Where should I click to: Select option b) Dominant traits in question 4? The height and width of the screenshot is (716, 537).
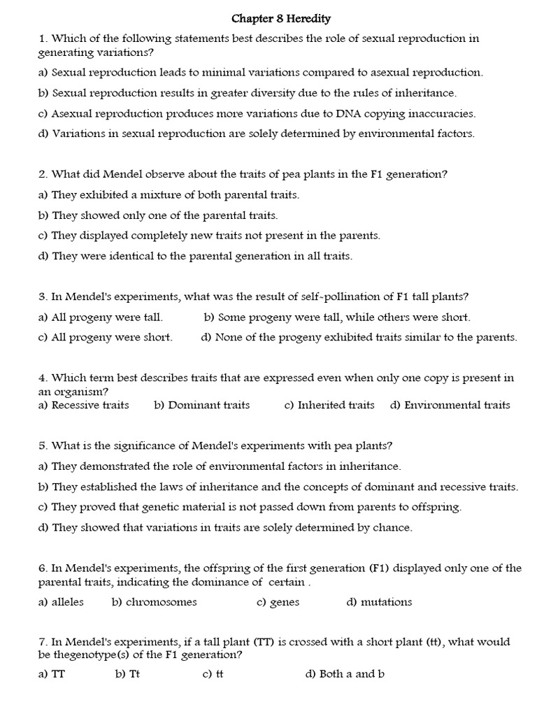[x=201, y=405]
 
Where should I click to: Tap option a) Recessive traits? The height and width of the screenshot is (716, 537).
[x=83, y=405]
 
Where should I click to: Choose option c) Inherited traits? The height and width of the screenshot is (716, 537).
[x=329, y=405]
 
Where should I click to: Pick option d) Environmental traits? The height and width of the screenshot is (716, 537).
[x=450, y=405]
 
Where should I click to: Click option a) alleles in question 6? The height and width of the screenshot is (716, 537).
[x=61, y=602]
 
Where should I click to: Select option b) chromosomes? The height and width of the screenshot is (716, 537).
[x=154, y=602]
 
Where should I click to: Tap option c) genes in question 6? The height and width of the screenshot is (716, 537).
[x=278, y=602]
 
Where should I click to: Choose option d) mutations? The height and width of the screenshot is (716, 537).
[x=379, y=602]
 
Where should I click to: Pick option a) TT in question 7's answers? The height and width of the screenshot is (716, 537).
[x=51, y=674]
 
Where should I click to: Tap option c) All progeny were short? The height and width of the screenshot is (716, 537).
[x=105, y=337]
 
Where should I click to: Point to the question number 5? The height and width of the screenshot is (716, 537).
[x=43, y=445]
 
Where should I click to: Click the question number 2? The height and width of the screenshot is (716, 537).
[x=43, y=176]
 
